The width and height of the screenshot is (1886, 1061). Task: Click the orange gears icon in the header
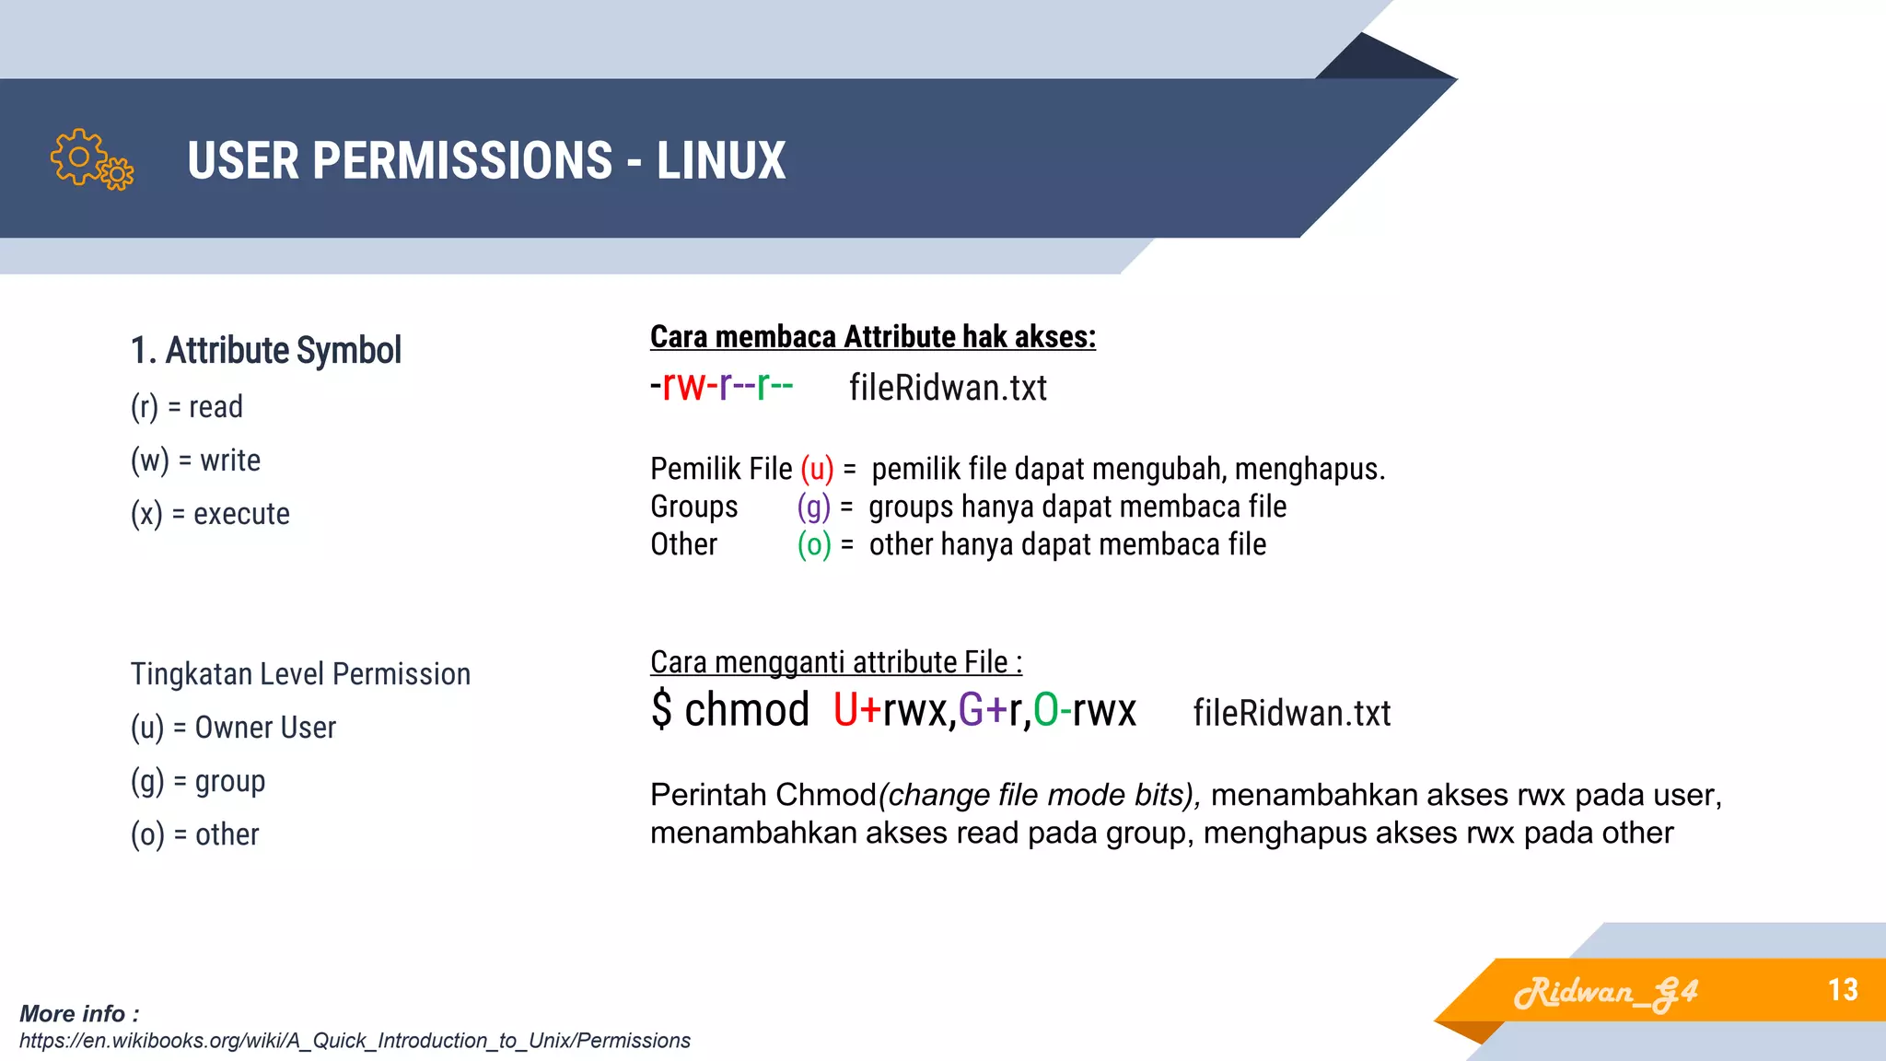click(92, 159)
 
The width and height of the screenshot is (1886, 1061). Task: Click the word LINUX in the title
click(720, 160)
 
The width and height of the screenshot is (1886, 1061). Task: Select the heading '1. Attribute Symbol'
click(265, 351)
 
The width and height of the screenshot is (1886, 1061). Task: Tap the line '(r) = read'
click(187, 406)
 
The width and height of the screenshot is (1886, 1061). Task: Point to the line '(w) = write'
click(195, 460)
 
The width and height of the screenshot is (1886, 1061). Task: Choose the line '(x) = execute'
click(210, 513)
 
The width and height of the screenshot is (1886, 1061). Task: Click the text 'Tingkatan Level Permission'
click(300, 674)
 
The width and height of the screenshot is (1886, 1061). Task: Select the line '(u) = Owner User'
click(233, 728)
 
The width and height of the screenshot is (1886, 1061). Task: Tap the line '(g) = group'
click(198, 781)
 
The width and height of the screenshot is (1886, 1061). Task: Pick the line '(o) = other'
click(194, 834)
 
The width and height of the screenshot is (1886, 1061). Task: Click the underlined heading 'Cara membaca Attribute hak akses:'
click(872, 337)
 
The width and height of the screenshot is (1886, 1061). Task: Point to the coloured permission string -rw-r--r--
click(721, 387)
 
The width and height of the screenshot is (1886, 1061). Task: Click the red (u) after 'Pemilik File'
click(817, 469)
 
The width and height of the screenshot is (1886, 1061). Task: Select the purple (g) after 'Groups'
click(813, 507)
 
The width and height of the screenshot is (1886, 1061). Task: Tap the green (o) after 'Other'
click(814, 544)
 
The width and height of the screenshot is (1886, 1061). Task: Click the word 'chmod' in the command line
click(747, 710)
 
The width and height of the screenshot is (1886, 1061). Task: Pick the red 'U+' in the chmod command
click(856, 710)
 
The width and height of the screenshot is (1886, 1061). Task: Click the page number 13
click(1843, 990)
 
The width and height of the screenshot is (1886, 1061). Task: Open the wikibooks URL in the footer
click(355, 1041)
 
